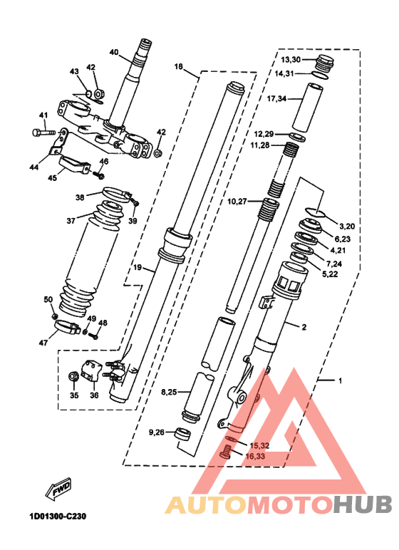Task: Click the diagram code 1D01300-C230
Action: [x=58, y=517]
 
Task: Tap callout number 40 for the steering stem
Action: [x=114, y=52]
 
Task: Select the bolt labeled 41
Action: [x=43, y=133]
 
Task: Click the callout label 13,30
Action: [x=291, y=60]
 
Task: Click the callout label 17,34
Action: [x=276, y=99]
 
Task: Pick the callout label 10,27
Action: [x=237, y=202]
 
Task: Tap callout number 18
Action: [x=179, y=66]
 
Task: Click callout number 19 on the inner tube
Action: [x=138, y=268]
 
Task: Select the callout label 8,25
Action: [x=169, y=392]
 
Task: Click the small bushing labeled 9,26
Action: [x=183, y=435]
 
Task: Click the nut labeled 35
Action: [x=73, y=377]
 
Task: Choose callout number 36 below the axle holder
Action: [x=94, y=395]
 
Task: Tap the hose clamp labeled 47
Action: [x=67, y=327]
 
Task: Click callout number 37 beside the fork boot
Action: [x=71, y=221]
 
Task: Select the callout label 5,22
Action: [x=330, y=274]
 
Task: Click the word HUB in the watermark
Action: [x=362, y=505]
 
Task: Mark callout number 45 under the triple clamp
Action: [x=52, y=178]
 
